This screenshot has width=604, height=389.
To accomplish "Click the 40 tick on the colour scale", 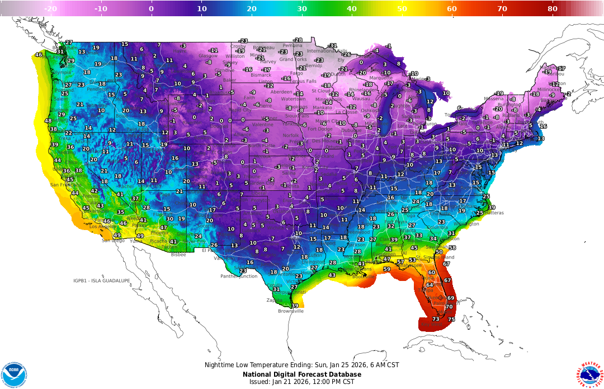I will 352,8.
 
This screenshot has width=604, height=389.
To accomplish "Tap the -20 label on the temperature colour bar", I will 51,8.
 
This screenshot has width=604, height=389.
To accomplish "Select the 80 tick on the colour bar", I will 553,8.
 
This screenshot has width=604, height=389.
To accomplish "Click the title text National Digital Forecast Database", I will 302,374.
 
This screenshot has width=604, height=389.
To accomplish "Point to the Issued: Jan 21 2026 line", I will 302,382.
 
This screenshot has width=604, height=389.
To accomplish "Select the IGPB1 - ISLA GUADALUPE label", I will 101,280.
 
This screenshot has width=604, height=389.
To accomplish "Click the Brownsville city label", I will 291,311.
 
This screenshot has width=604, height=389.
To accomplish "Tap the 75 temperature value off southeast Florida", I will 451,319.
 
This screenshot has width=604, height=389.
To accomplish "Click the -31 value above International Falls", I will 333,46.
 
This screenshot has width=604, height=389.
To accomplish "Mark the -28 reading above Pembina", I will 298,40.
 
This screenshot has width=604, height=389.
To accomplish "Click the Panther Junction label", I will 239,276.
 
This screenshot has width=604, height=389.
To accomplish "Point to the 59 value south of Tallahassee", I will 386,269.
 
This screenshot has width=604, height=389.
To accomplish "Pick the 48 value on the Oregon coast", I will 48,121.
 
